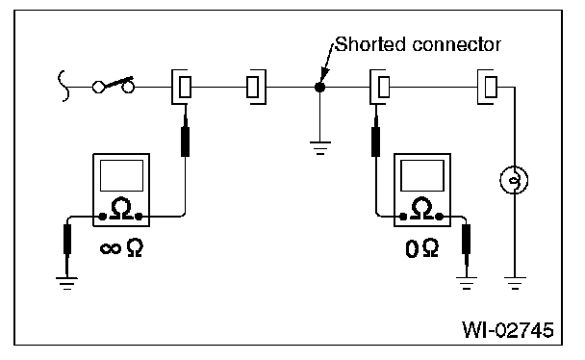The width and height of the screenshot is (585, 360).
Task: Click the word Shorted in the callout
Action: tap(370, 44)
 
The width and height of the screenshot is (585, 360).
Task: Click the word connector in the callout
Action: tap(457, 45)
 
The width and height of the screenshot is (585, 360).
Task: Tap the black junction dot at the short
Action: tap(319, 88)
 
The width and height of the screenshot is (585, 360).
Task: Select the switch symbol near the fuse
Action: tap(114, 85)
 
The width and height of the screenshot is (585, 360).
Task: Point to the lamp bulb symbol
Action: tap(514, 180)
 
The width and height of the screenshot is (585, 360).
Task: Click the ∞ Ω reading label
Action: tap(121, 248)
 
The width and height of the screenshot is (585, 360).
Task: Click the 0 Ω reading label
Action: tap(421, 248)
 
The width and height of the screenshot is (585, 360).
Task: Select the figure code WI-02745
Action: tap(508, 330)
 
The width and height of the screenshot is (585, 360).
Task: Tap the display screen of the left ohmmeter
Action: tap(121, 176)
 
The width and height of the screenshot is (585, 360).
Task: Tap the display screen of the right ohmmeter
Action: tap(422, 176)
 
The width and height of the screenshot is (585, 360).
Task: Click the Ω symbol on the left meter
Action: tap(121, 208)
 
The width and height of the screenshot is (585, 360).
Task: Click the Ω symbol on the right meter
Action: tap(421, 208)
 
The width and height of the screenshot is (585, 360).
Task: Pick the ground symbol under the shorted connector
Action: tap(320, 147)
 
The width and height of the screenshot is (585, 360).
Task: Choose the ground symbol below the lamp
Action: tap(515, 284)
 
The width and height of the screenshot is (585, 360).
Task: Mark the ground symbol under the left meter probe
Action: tap(66, 284)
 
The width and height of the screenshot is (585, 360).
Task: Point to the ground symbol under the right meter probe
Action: tap(467, 284)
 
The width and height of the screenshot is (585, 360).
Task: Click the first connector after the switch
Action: tap(182, 87)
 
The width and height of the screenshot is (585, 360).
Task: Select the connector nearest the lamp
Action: tap(487, 87)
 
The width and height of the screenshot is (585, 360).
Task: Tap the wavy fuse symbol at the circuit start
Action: tap(64, 86)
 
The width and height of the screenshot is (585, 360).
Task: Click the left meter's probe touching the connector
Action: tap(185, 136)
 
